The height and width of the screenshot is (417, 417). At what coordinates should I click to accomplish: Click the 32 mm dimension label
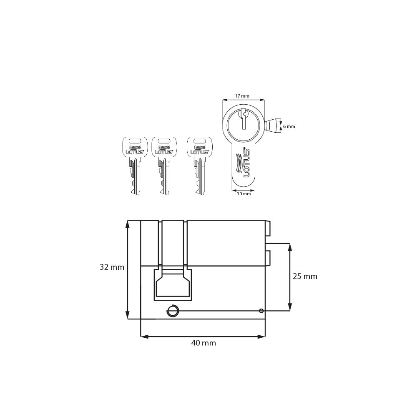click(x=112, y=267)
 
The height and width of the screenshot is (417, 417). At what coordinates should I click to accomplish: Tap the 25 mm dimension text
click(x=305, y=276)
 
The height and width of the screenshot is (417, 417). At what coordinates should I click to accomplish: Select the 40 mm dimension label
click(x=203, y=343)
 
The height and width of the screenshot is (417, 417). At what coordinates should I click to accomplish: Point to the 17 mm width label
click(x=242, y=96)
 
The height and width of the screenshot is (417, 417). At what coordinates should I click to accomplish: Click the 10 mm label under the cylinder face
click(x=244, y=193)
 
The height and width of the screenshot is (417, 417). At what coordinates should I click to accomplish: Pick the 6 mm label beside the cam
click(x=289, y=126)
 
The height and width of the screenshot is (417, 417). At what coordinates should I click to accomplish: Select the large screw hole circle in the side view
click(x=173, y=311)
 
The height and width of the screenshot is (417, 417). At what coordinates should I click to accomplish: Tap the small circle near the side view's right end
click(x=261, y=311)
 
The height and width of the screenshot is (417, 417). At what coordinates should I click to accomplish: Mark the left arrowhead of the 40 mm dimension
click(x=144, y=337)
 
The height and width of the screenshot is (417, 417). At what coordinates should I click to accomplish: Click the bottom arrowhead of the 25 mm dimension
click(x=289, y=307)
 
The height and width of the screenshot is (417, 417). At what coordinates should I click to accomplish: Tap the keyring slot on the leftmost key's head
click(x=134, y=141)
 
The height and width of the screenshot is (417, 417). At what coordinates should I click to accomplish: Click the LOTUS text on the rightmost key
click(x=199, y=152)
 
